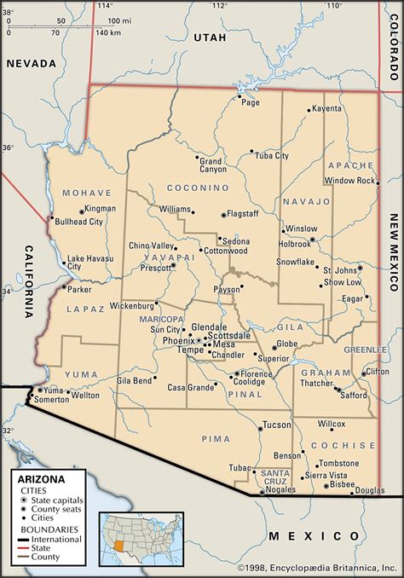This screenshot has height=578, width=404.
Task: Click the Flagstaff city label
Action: (x=247, y=215)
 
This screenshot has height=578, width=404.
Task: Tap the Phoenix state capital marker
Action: (x=198, y=340)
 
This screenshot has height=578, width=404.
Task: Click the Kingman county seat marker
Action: (x=82, y=209)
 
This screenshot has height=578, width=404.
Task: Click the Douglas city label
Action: (x=370, y=491)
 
